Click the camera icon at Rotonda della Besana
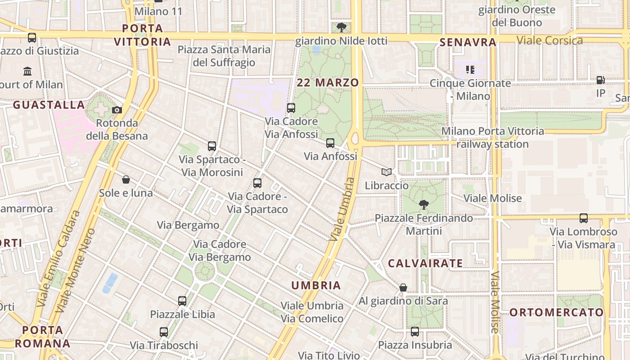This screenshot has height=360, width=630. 117,110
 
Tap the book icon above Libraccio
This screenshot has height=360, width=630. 387,172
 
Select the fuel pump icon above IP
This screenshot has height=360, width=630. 600,80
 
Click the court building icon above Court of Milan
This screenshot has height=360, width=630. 27,71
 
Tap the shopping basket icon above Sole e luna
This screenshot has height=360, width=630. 126,180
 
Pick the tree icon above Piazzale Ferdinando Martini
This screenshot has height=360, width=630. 423,205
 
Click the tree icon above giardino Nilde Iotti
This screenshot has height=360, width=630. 342,27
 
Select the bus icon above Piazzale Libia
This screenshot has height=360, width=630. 182,301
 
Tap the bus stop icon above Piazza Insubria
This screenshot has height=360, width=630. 415,332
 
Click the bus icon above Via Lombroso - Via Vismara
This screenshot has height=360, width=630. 584,218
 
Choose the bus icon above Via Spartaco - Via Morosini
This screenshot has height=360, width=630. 212,146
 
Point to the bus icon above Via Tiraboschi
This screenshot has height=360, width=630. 164,332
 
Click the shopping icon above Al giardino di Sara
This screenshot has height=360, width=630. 403,288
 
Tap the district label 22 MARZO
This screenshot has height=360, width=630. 328,83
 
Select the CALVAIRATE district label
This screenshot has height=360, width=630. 425,264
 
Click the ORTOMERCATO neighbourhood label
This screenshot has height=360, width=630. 556,312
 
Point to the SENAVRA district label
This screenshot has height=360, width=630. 468,43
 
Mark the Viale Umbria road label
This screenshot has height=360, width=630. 342,209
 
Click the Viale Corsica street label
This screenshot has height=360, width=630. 549,40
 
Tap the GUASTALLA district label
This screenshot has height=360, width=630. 49,105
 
